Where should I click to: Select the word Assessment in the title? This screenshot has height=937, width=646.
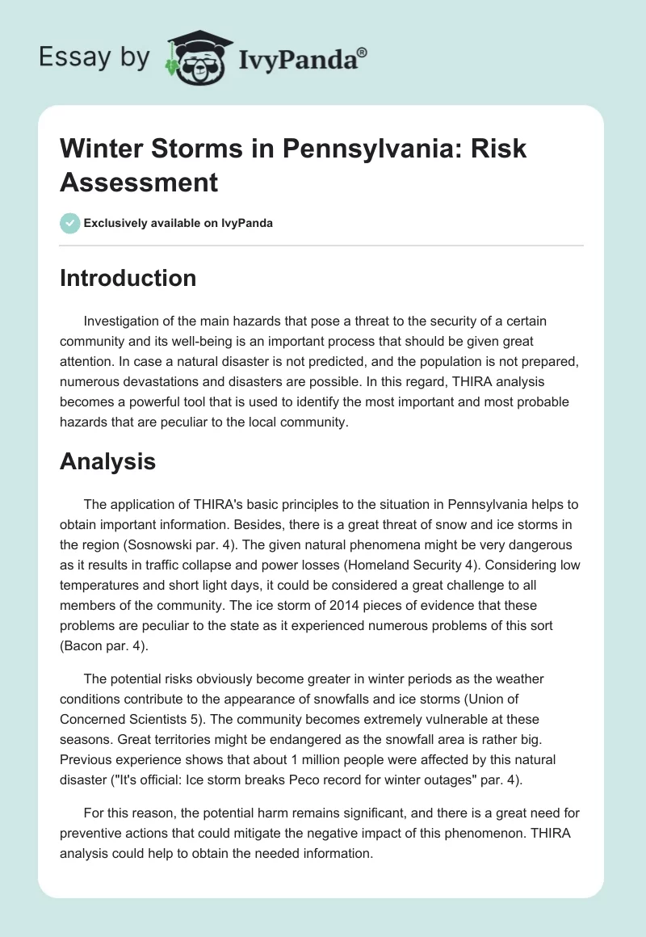(139, 183)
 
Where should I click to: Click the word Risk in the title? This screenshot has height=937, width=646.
(501, 149)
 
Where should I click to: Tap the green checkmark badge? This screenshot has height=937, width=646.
(70, 223)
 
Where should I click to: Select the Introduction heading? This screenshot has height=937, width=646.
(128, 278)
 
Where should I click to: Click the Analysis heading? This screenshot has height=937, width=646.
(107, 461)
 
